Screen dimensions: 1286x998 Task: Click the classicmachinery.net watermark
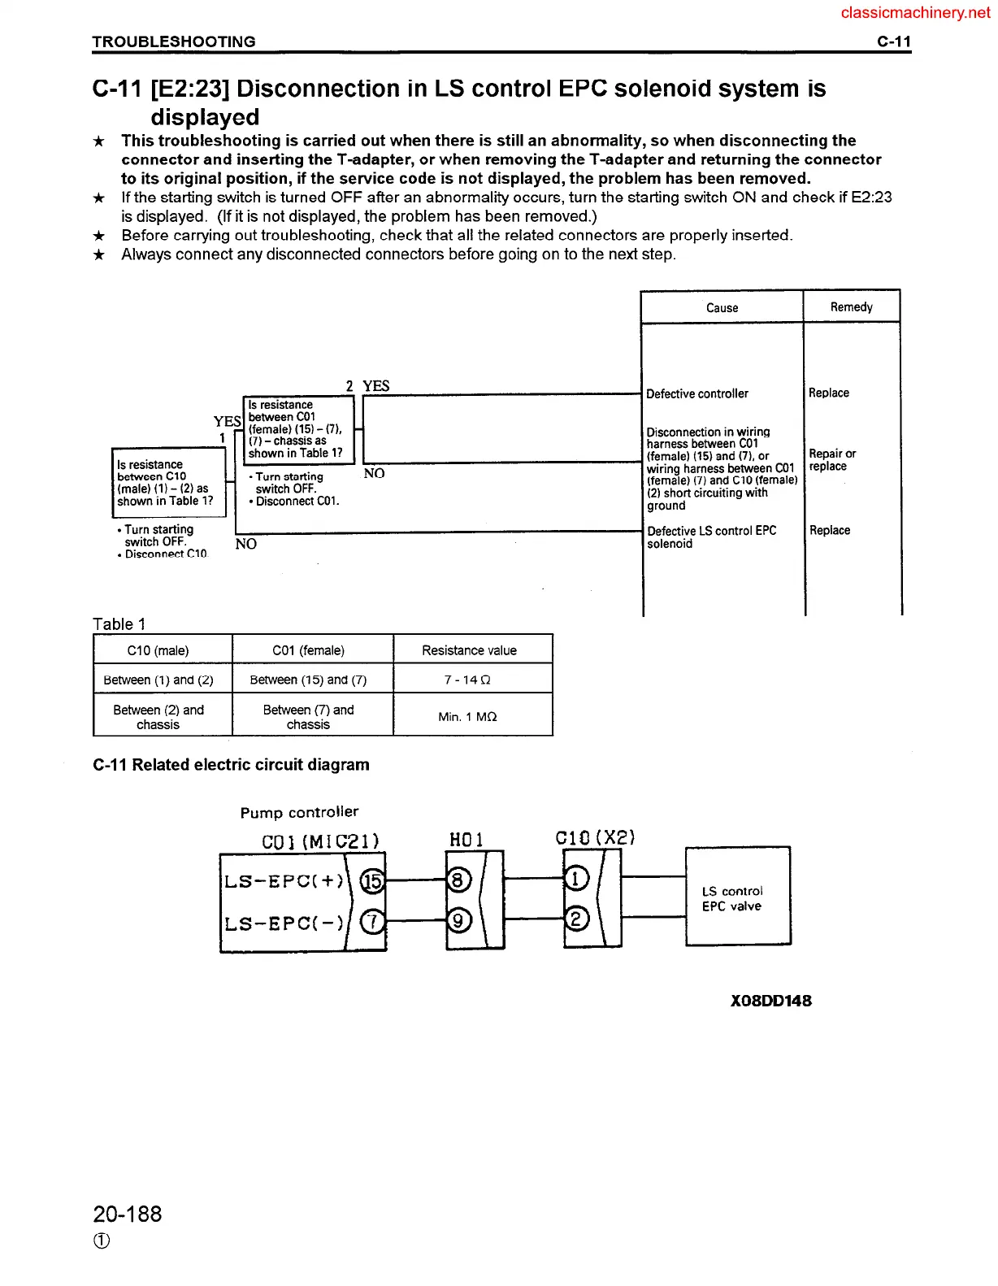[915, 12]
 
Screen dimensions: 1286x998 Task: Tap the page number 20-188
[128, 1214]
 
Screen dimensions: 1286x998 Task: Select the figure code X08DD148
[770, 1001]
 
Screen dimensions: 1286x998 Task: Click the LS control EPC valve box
[737, 897]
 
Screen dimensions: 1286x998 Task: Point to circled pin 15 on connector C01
[372, 880]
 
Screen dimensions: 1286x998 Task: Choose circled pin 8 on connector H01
[458, 880]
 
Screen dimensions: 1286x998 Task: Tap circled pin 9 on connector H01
[458, 921]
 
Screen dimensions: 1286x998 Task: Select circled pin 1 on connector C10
[576, 879]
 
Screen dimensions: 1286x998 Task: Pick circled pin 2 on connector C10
[576, 919]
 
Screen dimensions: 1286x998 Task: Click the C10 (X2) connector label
[595, 837]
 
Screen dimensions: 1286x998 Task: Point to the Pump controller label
[299, 812]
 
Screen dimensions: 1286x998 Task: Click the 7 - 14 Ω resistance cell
[467, 680]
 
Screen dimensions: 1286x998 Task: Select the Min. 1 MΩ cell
[467, 716]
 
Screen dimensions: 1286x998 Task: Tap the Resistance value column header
[469, 650]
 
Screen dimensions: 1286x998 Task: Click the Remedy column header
[851, 307]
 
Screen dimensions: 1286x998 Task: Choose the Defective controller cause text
[696, 393]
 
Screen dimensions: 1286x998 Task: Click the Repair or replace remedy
[831, 460]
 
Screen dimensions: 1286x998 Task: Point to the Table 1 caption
[119, 623]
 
